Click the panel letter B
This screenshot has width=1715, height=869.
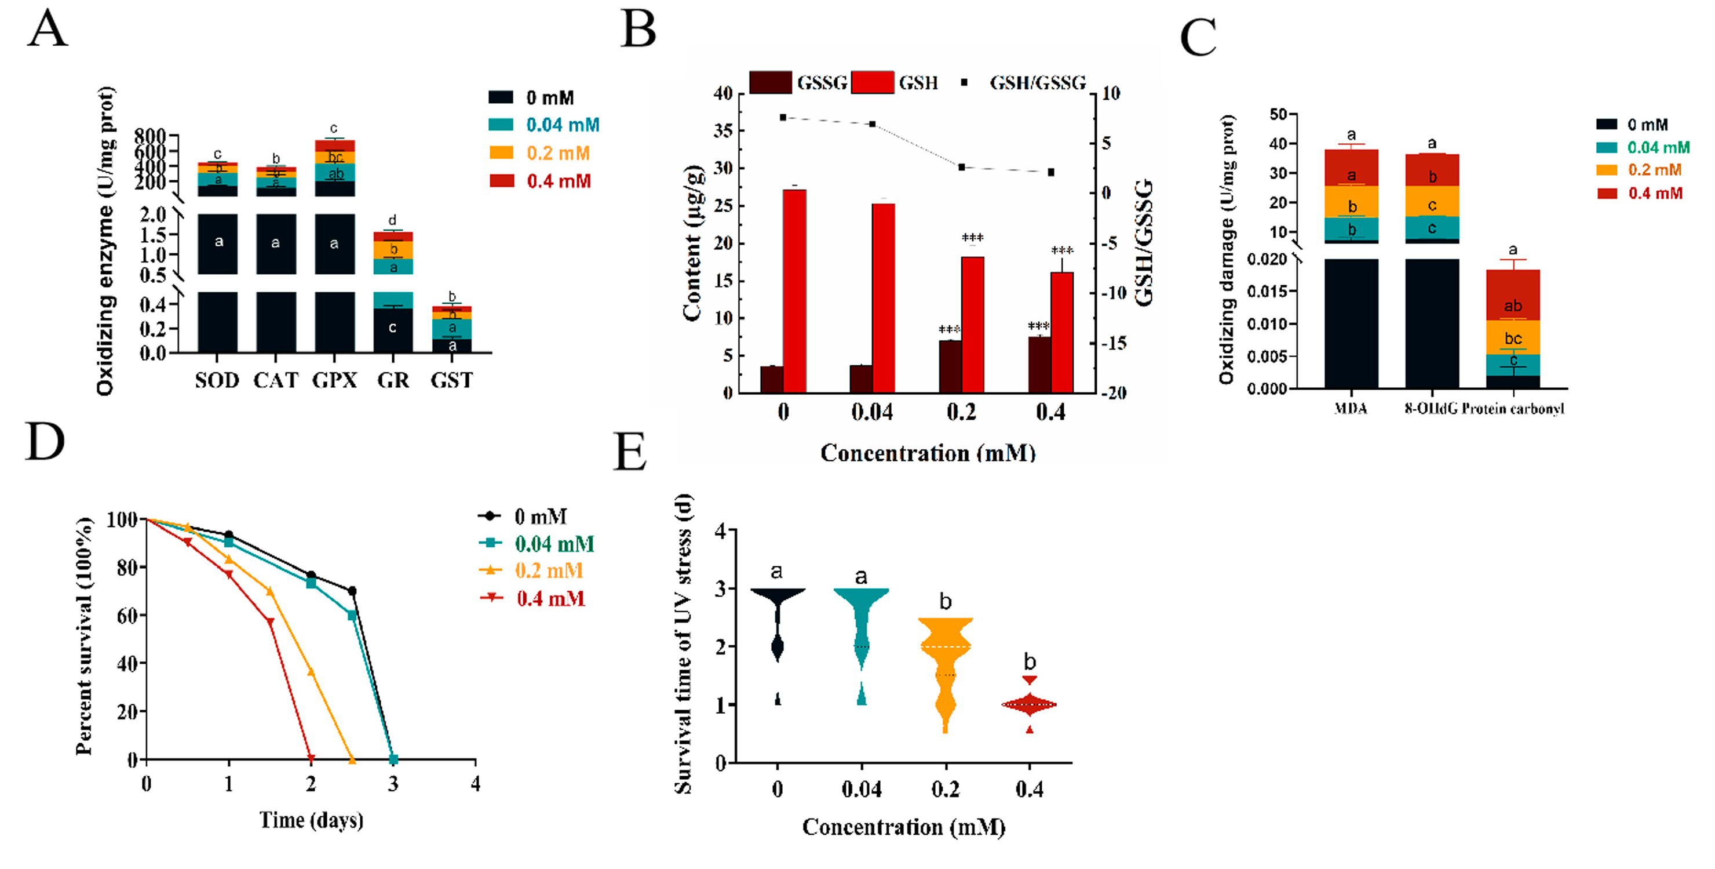click(638, 30)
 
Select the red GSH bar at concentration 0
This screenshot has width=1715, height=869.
click(794, 291)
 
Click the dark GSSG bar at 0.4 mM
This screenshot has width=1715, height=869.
click(1039, 365)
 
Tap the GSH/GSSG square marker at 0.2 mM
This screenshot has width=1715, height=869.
click(961, 167)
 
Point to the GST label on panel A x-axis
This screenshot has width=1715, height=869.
click(451, 380)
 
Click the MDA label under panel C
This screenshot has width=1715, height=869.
click(1350, 409)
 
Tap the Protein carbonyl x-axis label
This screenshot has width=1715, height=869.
click(1513, 409)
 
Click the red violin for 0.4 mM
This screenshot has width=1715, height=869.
click(1029, 704)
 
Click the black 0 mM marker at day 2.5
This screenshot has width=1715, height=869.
click(352, 591)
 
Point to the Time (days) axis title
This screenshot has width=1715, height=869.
click(311, 820)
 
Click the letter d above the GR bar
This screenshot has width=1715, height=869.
click(392, 220)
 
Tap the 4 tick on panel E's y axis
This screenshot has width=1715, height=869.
click(720, 530)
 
